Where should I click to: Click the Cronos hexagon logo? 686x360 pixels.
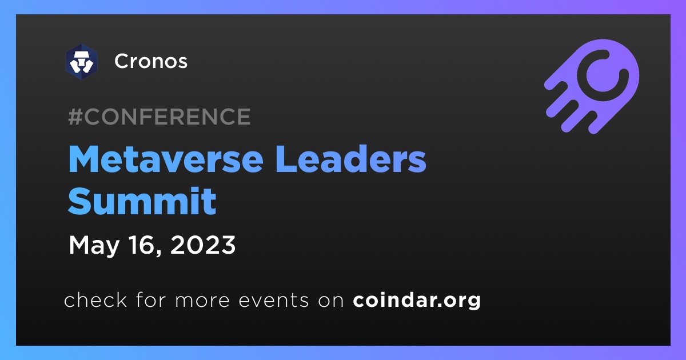tap(81, 62)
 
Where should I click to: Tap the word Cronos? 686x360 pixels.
tap(151, 61)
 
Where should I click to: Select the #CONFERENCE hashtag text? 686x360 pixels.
tap(159, 117)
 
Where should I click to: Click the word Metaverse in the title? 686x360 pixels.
tap(166, 159)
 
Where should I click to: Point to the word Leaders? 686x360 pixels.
tap(350, 159)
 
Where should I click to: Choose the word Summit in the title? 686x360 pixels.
tap(142, 201)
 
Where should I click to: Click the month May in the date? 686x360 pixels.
tap(94, 246)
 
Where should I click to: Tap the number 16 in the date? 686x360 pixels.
tap(142, 245)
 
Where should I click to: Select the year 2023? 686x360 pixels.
tap(203, 245)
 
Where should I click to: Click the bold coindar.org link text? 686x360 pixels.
tap(417, 301)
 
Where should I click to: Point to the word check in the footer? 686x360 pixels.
tap(95, 299)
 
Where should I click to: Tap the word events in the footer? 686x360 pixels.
tap(273, 301)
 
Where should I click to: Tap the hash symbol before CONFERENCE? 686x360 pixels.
tap(75, 117)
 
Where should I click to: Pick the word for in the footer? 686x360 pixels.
tap(151, 299)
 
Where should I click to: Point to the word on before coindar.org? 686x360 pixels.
tap(331, 301)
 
